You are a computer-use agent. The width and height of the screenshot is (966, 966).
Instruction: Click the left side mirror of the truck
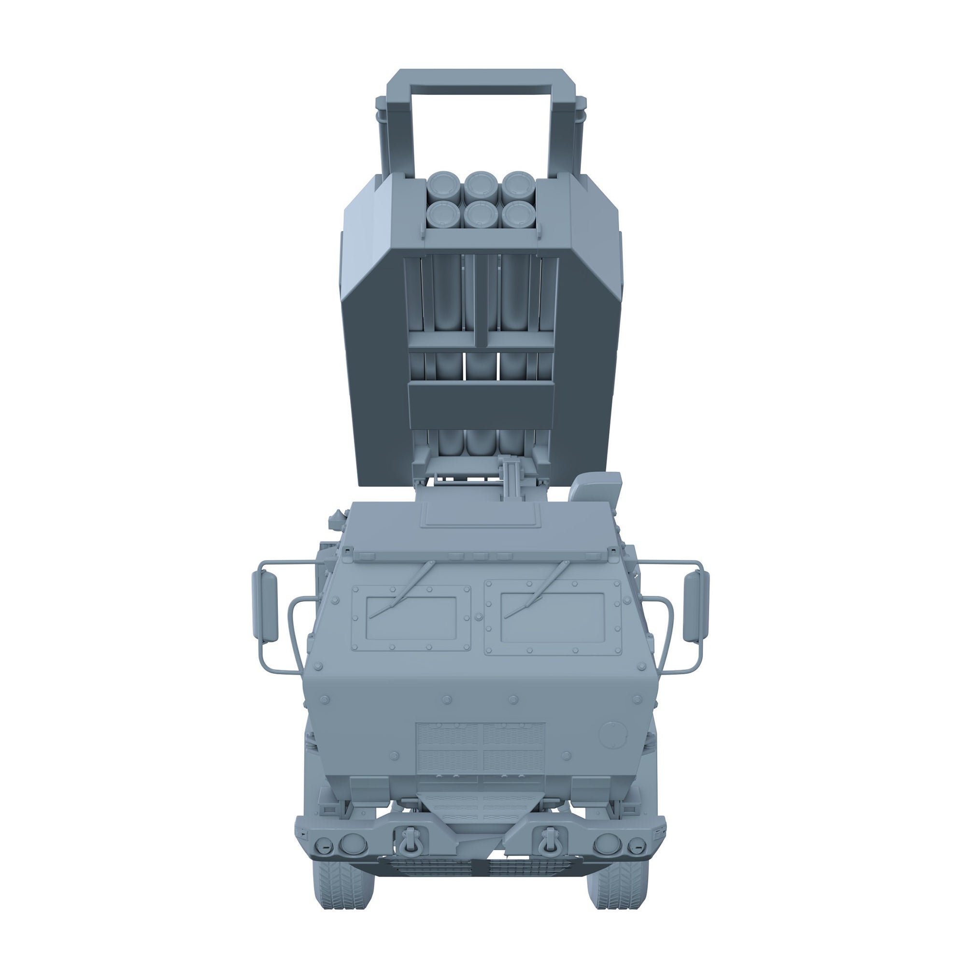pyautogui.click(x=266, y=607)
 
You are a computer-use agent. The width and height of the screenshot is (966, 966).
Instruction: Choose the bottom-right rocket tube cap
pyautogui.click(x=517, y=214)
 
